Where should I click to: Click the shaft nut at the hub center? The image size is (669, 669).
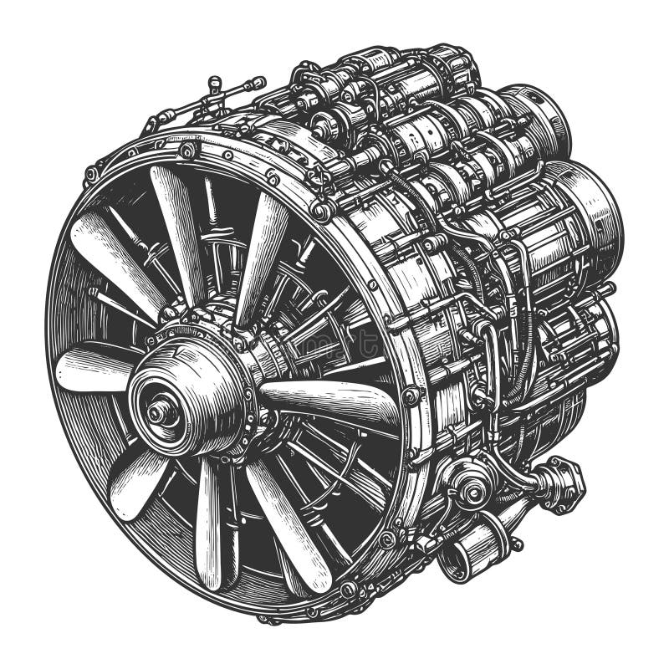[156, 411]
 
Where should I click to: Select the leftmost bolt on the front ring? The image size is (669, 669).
[91, 175]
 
